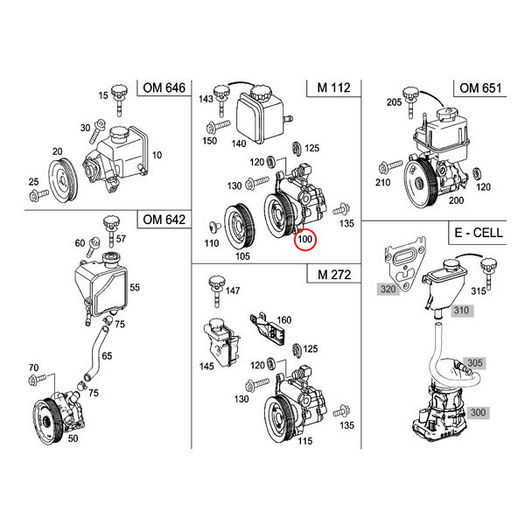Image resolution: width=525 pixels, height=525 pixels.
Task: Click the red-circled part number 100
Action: click(x=304, y=239)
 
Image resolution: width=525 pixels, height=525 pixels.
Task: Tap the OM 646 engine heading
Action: click(x=164, y=87)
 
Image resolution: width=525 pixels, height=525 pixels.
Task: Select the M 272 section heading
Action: click(x=334, y=275)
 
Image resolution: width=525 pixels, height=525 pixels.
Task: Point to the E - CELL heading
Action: click(x=479, y=233)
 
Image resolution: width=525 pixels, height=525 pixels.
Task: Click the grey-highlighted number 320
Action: click(x=388, y=289)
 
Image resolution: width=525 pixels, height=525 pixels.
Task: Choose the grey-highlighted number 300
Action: click(x=478, y=412)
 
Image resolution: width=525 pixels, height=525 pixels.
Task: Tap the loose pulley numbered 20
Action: click(x=63, y=181)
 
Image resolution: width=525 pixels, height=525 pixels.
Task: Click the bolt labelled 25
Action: click(x=38, y=194)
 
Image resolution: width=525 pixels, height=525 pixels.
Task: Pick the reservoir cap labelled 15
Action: click(x=120, y=99)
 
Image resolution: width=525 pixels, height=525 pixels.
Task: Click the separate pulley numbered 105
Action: click(x=240, y=226)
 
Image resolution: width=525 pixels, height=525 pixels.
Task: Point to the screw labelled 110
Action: click(x=214, y=227)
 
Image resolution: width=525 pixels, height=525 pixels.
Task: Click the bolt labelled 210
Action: click(x=389, y=166)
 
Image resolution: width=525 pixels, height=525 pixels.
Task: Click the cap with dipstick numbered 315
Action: click(x=488, y=273)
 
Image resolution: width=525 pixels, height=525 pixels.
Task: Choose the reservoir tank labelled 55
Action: click(x=101, y=288)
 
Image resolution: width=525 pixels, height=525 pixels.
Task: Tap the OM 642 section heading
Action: click(x=164, y=220)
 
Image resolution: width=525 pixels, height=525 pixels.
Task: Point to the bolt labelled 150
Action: click(x=218, y=128)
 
